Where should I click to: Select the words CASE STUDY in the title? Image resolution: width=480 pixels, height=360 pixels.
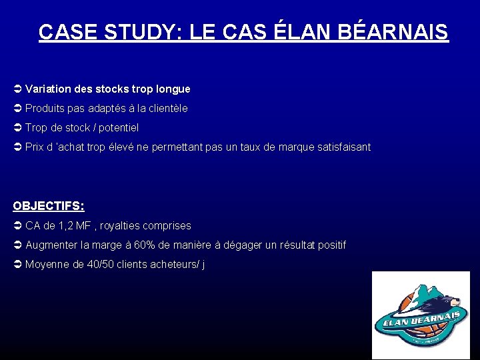coord(107,32)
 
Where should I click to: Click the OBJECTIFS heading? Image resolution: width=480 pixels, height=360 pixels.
coord(49,206)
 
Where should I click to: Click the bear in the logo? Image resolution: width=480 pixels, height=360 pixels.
coord(439,299)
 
